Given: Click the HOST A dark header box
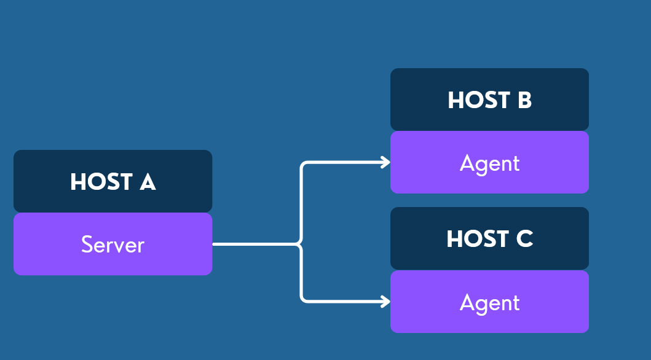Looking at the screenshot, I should coord(112,181).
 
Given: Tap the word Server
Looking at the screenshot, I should coord(112,245).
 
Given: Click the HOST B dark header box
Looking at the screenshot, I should coord(489,100).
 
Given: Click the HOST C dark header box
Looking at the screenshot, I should coord(489,238).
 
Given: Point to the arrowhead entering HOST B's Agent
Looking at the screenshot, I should coord(386,162).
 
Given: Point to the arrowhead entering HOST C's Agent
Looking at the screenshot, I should coord(386,301).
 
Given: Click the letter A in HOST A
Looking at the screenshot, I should coord(148,182).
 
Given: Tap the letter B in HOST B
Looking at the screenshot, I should coord(524,100).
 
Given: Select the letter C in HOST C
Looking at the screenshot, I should coord(524,239).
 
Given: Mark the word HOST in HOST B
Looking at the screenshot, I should coord(479,100).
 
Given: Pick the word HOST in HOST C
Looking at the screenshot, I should coord(478,239).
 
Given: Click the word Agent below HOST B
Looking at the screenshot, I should coord(489,163).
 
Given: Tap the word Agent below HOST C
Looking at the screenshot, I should coord(489,303).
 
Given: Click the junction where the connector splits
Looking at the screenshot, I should coord(301,245).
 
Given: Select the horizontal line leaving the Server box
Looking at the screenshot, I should coord(255,245).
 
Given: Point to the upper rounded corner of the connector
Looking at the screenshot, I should coord(303,165).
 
